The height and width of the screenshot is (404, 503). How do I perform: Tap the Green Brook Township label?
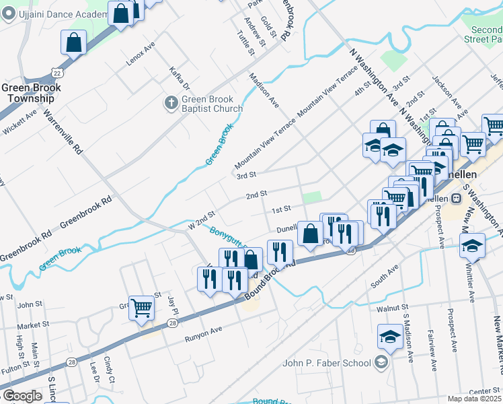coord(32,93)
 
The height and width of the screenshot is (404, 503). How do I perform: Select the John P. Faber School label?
coord(327,363)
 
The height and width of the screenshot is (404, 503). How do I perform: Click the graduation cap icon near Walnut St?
coord(390,335)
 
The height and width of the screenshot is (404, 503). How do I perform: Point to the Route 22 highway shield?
coord(57,73)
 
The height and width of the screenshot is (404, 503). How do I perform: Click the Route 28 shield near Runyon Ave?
coord(173,325)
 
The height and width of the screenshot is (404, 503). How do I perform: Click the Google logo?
coord(22,396)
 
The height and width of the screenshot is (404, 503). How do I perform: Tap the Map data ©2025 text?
coord(474,399)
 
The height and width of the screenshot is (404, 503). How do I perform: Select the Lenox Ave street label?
coord(141,54)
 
